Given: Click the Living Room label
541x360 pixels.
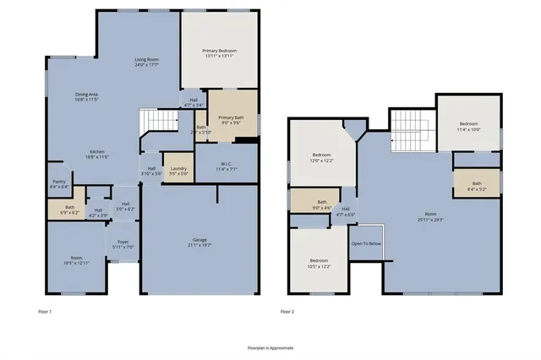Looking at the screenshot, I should pos(147,59).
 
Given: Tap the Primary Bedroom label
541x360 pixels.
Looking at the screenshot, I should pos(219,52).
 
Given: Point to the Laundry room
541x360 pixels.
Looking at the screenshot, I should pos(178,170).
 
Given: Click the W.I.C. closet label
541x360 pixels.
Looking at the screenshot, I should pos(226,166).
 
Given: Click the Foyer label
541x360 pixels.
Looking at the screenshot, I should pos(123,244).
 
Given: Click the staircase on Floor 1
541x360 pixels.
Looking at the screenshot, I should pos(155,123).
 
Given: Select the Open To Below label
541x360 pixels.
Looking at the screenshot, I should pos(366,243).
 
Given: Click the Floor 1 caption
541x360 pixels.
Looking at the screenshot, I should pos(45,312).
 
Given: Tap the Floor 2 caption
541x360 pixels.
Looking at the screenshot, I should pos(287,312).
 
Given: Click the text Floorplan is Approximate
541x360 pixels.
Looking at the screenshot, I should pos(270,347).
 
